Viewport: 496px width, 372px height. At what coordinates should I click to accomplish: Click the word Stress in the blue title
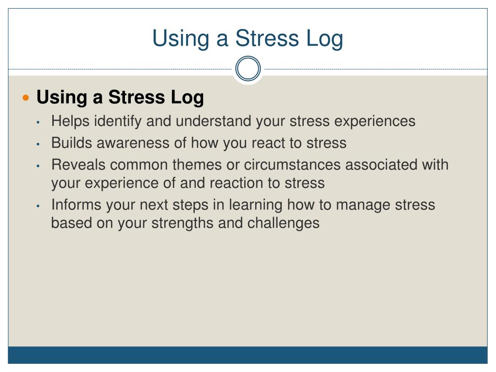point(267,38)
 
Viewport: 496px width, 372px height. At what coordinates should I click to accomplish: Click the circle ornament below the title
point(248,57)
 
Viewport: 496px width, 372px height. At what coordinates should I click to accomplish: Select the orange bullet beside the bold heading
point(26,97)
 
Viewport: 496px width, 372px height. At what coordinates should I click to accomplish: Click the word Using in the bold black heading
point(62,97)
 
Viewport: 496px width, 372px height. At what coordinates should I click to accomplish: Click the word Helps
point(70,122)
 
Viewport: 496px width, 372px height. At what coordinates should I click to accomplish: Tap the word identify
point(118,122)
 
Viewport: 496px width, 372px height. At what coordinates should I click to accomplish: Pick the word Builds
point(72,143)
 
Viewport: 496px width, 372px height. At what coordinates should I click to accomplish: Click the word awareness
point(133,143)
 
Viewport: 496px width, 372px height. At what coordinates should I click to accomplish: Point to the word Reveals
point(78,165)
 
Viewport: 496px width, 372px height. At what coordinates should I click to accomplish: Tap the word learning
point(255,205)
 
